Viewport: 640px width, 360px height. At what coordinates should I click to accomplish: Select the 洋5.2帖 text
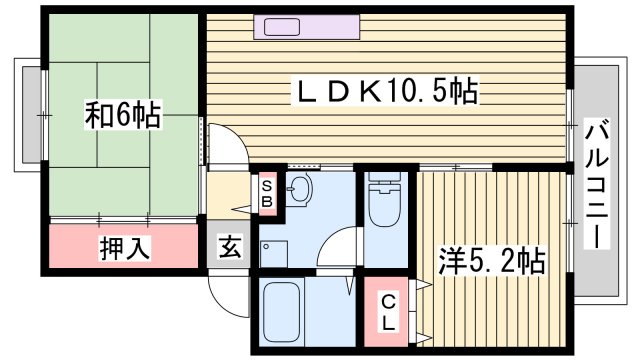point(492,263)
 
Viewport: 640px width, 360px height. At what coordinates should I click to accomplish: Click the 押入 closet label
point(125,248)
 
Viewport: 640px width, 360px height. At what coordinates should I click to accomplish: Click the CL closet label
point(387,312)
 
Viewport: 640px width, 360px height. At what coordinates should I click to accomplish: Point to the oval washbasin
point(301,188)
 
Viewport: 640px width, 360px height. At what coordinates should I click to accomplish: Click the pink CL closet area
point(387,311)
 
